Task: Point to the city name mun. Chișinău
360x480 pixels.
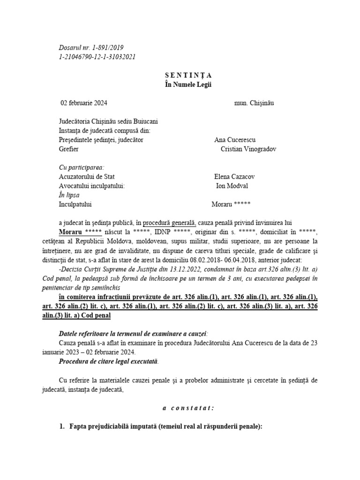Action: (x=254, y=103)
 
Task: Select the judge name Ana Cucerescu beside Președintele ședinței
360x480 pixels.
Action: (x=235, y=140)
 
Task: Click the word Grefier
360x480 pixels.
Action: (x=69, y=149)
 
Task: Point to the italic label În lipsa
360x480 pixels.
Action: (x=69, y=195)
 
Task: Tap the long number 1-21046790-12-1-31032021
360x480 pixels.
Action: (x=98, y=56)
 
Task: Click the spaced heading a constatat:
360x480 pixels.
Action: (x=188, y=408)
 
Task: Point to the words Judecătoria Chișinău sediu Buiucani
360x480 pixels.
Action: (x=112, y=121)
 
